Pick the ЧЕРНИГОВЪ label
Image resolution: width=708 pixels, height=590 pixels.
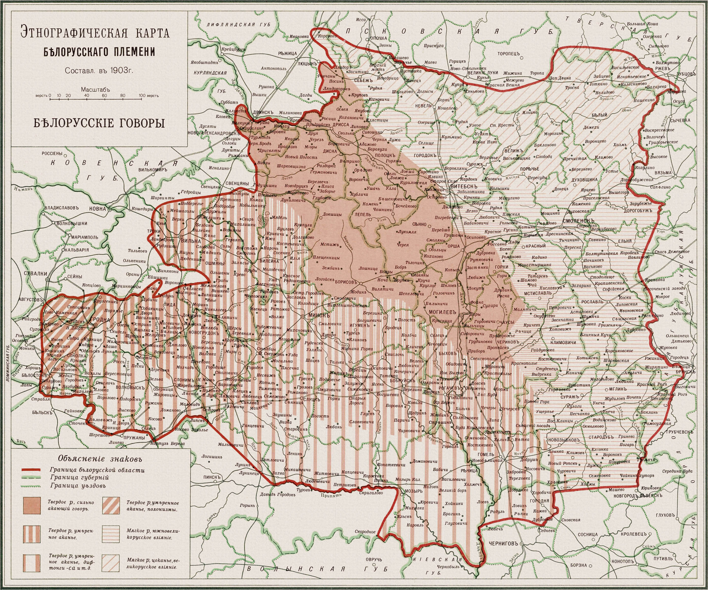point(502,544)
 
